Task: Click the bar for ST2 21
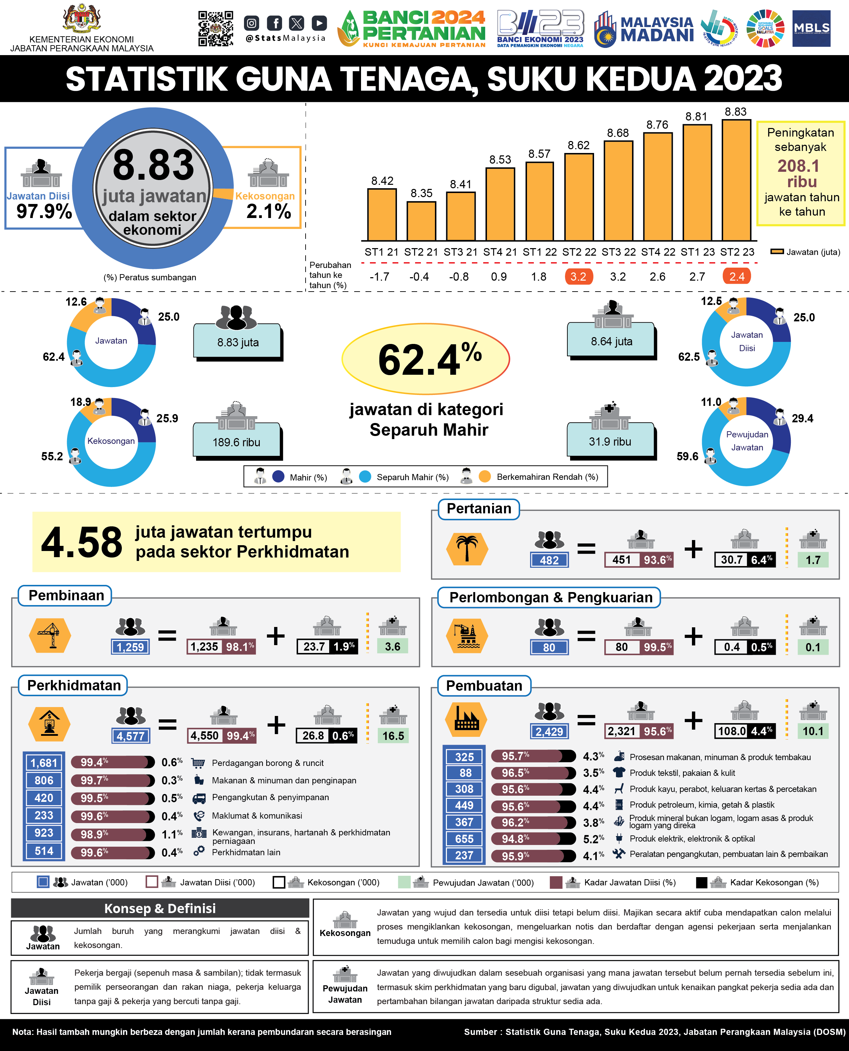click(x=421, y=221)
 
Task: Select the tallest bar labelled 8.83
click(x=736, y=180)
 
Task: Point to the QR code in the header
click(x=216, y=28)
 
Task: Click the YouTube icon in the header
click(x=319, y=23)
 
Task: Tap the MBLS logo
click(x=811, y=28)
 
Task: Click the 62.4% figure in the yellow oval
click(x=429, y=359)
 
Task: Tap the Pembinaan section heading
click(x=66, y=595)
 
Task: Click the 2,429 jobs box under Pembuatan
click(x=549, y=731)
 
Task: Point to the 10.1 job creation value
click(x=813, y=731)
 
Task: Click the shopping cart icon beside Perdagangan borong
click(x=198, y=763)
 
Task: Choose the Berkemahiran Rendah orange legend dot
click(x=485, y=476)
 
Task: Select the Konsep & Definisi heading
click(x=160, y=908)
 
